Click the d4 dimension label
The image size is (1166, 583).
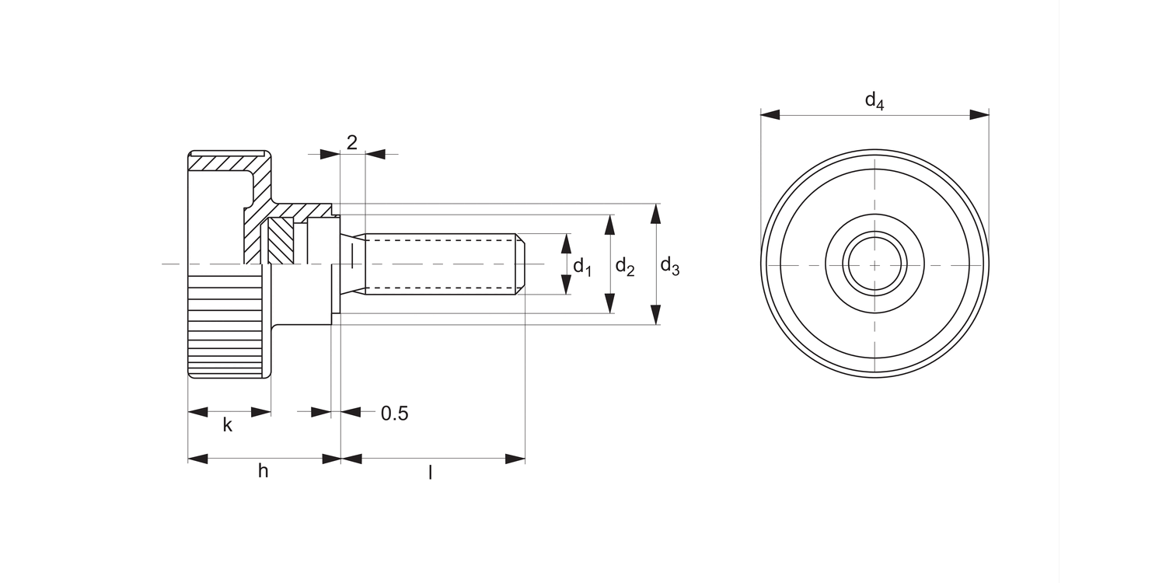pos(874,100)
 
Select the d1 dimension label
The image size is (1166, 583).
pos(582,267)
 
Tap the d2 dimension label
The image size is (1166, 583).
pos(625,267)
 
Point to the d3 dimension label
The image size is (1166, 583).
pos(670,267)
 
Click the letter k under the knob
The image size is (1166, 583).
pos(228,424)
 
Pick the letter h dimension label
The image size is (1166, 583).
pos(264,470)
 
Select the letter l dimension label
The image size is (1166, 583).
pos(430,472)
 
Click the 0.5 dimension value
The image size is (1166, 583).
pos(395,414)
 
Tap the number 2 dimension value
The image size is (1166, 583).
pos(352,142)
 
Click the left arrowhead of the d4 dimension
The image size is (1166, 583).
pos(770,114)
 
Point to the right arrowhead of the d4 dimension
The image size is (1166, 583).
pos(979,114)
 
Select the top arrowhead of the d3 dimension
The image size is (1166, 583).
pos(656,214)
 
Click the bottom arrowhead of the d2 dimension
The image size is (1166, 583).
pos(610,303)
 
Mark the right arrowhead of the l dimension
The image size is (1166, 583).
pos(515,459)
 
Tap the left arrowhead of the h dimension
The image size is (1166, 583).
pos(197,459)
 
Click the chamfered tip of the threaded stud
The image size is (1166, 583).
pos(520,264)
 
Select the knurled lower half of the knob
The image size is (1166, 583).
pos(225,320)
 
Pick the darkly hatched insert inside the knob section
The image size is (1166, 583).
pos(281,241)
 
